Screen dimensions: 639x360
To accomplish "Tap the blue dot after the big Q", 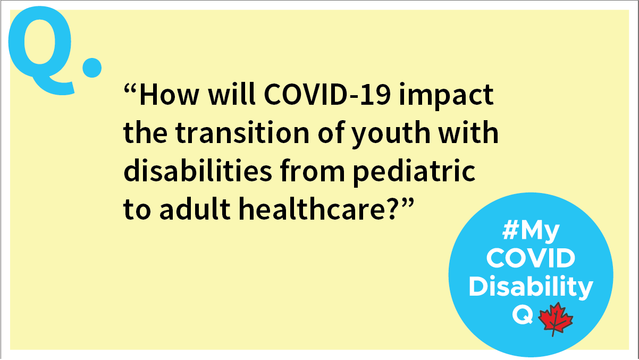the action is (92, 68).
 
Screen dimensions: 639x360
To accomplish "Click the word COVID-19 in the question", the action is (327, 95).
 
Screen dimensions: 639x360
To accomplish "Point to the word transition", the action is (242, 132).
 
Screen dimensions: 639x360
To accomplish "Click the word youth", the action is (391, 134).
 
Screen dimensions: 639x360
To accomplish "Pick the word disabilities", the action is (197, 170).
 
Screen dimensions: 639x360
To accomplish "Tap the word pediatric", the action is (414, 172).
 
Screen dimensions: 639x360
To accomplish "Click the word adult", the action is (195, 208).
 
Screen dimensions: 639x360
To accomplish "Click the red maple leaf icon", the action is (555, 319).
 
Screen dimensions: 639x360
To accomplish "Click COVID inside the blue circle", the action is (531, 258).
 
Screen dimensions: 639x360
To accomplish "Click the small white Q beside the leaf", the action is (523, 315).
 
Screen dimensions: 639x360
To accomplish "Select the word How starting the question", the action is (169, 95).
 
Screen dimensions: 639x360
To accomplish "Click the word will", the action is (231, 95).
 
